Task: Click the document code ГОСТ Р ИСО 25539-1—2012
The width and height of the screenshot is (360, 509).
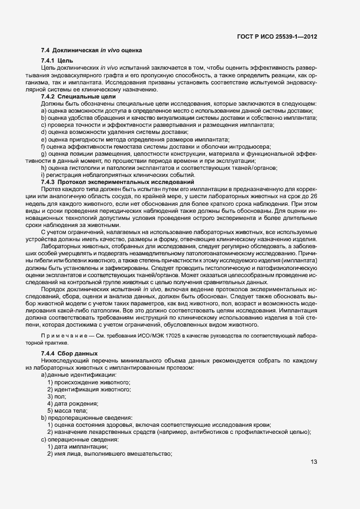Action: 277,36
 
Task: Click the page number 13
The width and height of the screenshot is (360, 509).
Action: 314,462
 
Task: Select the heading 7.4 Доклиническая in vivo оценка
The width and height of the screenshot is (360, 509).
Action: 91,50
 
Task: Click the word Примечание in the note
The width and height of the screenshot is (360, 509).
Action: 65,336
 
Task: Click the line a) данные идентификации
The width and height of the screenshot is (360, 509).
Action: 78,375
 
